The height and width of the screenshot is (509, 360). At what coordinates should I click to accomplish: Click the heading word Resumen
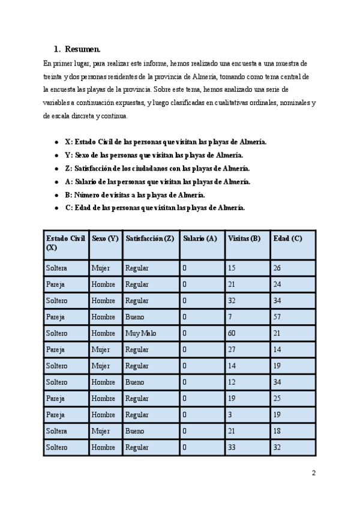[83, 49]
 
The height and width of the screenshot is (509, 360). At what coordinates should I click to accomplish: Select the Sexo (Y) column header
[106, 238]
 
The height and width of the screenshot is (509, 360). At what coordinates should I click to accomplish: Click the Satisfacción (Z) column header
[149, 238]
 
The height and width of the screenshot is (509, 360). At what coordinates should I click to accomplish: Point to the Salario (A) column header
[200, 238]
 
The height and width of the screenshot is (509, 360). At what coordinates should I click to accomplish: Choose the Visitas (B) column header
[244, 238]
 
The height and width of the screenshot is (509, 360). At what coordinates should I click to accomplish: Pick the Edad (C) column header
[287, 238]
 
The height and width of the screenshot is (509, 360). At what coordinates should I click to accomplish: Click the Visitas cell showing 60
[232, 333]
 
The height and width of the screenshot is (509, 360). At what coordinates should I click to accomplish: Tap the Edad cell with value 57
[277, 317]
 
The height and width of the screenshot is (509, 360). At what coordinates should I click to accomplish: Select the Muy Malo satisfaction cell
[140, 333]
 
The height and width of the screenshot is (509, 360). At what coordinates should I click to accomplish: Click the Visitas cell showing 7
[230, 317]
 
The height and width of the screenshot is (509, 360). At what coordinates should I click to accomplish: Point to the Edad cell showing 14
[277, 349]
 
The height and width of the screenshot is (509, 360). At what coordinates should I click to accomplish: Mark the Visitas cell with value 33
[232, 447]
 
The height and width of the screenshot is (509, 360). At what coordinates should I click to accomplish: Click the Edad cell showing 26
[277, 268]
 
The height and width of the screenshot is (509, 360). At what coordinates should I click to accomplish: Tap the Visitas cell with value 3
[230, 415]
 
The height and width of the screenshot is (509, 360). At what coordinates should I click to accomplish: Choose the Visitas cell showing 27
[232, 349]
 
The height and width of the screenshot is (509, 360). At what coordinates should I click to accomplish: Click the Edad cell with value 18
[277, 431]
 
